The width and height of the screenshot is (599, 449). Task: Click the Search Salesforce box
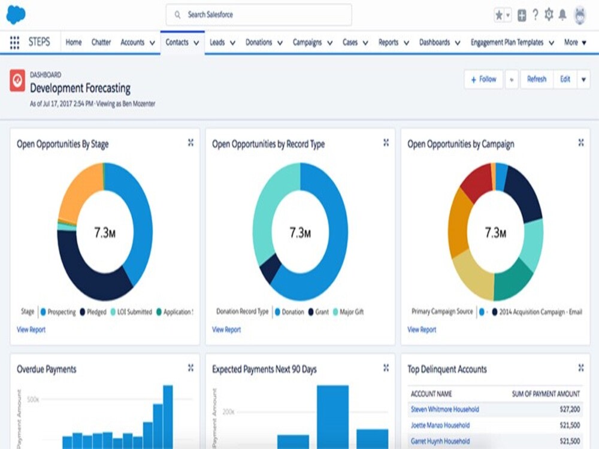click(x=259, y=14)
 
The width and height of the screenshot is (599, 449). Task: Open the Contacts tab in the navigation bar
click(x=177, y=43)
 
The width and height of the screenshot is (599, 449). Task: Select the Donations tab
click(x=259, y=43)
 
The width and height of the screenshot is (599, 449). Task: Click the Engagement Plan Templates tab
click(x=507, y=43)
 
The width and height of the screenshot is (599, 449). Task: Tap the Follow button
click(x=483, y=79)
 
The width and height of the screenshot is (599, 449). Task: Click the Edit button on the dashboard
click(x=565, y=79)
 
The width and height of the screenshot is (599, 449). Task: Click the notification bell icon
click(x=563, y=15)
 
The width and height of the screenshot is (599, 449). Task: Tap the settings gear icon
click(x=549, y=15)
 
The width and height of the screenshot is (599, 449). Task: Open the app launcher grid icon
click(x=15, y=43)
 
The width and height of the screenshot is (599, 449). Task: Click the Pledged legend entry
click(x=96, y=312)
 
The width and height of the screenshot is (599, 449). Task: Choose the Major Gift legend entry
click(x=351, y=312)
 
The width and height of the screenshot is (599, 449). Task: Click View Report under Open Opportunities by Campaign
click(x=422, y=329)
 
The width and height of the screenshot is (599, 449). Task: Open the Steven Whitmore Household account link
click(x=444, y=409)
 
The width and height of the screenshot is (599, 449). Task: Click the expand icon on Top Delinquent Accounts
click(x=580, y=368)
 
